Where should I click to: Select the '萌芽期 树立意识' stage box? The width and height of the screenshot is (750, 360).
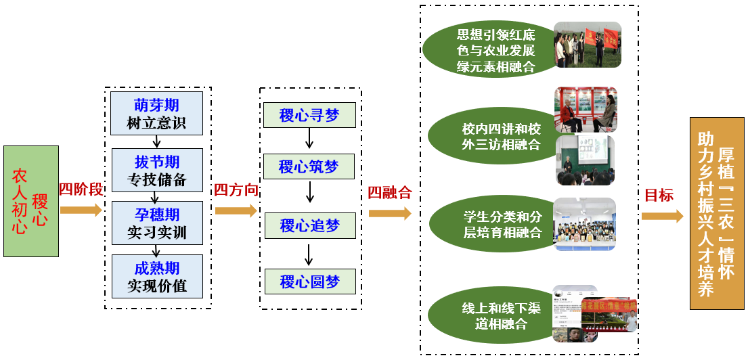pos(157,114)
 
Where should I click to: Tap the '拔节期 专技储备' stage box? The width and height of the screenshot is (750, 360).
pos(157,171)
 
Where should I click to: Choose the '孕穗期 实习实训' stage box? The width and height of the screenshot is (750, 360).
pos(157,223)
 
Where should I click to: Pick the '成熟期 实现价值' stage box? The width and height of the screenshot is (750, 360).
pos(157,276)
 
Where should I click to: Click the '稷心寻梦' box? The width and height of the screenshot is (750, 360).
pos(309,116)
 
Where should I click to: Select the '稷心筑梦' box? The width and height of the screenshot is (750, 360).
pos(309,166)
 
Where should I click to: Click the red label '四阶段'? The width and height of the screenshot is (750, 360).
pos(81,189)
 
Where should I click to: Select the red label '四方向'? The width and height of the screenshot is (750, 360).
pos(236,190)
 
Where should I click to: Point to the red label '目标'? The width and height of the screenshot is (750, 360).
pos(659,196)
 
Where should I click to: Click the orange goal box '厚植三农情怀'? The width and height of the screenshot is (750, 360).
pos(716,213)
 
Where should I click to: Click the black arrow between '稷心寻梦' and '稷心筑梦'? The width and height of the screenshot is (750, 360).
pos(309,138)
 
